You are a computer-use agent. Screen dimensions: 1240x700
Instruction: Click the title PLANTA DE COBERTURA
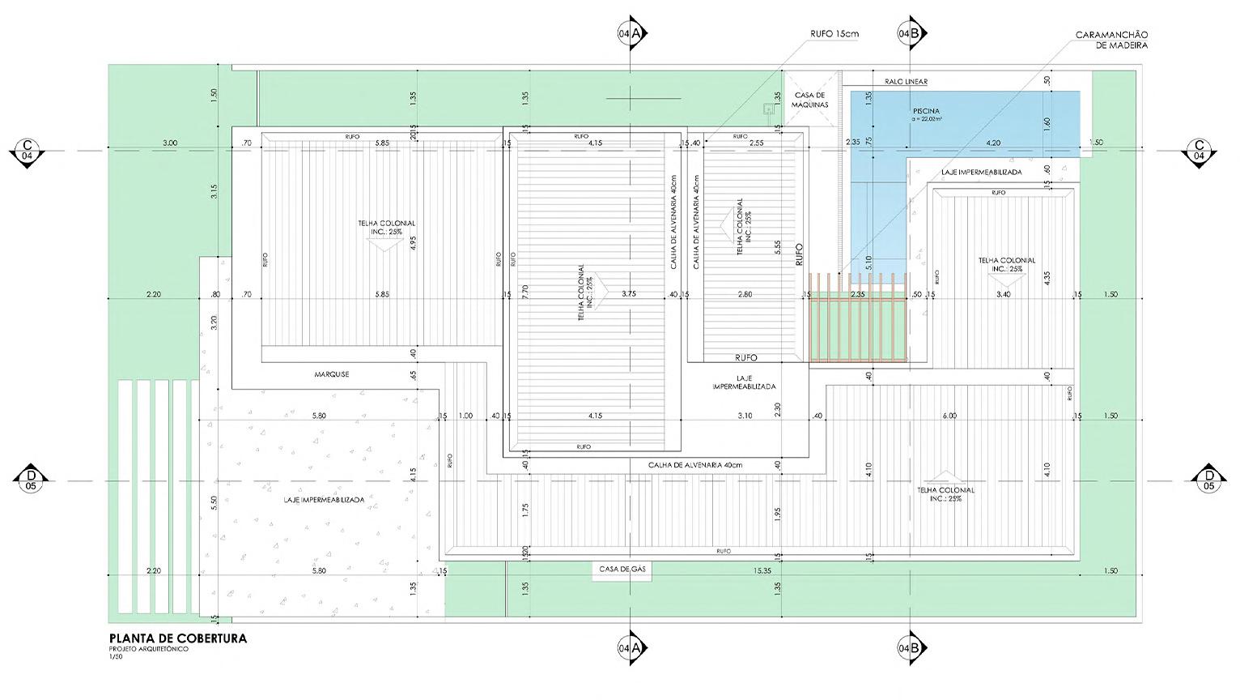177,638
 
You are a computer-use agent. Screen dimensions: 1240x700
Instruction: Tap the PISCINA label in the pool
926,111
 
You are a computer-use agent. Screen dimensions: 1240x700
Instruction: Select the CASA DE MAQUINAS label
809,100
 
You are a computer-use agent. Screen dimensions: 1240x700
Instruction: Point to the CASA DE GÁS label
622,570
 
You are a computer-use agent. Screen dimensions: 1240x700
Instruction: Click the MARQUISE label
332,374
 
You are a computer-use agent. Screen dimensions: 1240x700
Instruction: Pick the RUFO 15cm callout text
834,34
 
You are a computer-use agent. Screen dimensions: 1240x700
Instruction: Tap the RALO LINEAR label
906,82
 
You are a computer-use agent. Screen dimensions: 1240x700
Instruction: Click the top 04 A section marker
630,33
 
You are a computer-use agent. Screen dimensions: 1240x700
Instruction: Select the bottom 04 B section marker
911,648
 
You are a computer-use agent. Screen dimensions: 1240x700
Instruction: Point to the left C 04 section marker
27,151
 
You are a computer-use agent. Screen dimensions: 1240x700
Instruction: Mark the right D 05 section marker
1209,480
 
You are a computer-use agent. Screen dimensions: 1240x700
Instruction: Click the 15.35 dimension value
762,571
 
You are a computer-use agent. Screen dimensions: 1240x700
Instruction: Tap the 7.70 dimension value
525,292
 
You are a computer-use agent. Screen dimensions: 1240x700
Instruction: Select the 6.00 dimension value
949,416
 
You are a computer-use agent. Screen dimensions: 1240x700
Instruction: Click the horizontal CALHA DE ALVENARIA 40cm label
694,465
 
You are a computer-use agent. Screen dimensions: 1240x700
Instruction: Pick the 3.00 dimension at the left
170,143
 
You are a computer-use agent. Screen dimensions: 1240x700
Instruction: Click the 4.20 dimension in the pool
993,143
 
